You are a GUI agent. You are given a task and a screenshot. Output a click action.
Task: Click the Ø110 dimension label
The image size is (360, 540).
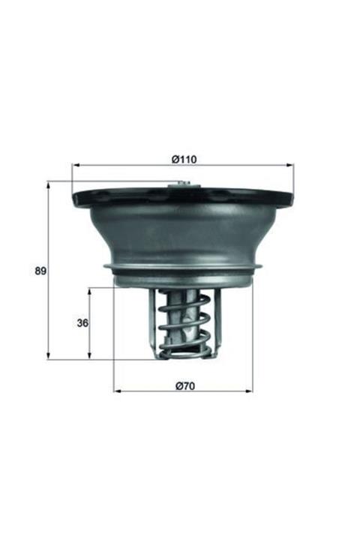pyautogui.click(x=183, y=158)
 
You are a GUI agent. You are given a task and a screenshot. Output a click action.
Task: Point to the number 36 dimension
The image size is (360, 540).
pyautogui.click(x=83, y=323)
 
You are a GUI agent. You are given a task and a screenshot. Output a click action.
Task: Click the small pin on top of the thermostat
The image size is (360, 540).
pyautogui.click(x=182, y=185)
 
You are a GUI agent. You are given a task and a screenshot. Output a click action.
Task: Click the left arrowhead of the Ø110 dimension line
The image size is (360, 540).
pyautogui.click(x=74, y=165)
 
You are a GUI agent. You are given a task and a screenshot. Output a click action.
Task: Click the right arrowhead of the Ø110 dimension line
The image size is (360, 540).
pyautogui.click(x=291, y=165)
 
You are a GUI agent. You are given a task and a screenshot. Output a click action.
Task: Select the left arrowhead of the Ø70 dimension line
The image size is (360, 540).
pyautogui.click(x=116, y=391)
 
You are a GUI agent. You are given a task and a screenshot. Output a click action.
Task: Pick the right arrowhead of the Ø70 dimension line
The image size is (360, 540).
pyautogui.click(x=250, y=391)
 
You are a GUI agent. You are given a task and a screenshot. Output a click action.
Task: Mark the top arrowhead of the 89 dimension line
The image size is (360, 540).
pyautogui.click(x=49, y=183)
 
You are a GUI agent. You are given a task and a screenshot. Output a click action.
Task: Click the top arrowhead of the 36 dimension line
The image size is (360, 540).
pyautogui.click(x=91, y=290)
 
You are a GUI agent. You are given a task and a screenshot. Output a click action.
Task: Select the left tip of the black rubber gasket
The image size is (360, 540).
pyautogui.click(x=74, y=199)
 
